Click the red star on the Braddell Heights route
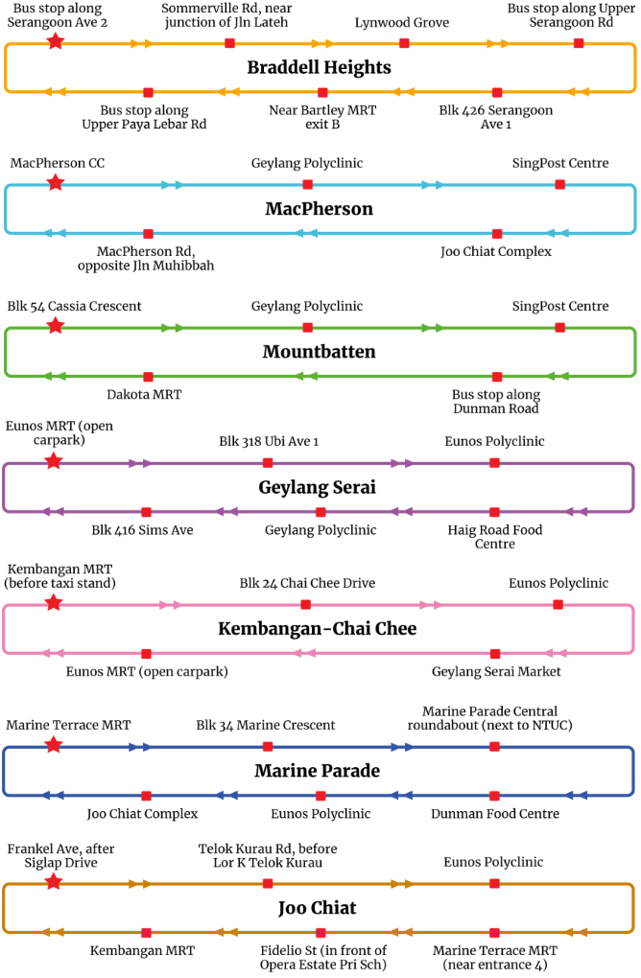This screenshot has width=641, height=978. [x=55, y=42]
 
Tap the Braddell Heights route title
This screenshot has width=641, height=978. [x=319, y=67]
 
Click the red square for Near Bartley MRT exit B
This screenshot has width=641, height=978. [x=322, y=93]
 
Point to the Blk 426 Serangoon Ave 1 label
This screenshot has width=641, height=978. [x=495, y=117]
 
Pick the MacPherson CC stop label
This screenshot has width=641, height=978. [x=58, y=164]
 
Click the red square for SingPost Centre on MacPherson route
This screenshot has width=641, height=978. [x=560, y=184]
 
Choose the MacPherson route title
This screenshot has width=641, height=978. [x=319, y=209]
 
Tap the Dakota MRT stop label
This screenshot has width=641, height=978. [x=144, y=394]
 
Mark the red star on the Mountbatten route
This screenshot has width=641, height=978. [x=55, y=327]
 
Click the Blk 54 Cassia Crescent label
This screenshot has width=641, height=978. [x=74, y=306]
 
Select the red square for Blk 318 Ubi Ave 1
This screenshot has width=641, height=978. [x=268, y=463]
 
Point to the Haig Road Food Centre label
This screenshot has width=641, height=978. [x=494, y=537]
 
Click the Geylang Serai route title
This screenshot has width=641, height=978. [x=317, y=488]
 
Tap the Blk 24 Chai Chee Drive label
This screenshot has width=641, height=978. [x=307, y=583]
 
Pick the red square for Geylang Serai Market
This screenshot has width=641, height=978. [x=496, y=653]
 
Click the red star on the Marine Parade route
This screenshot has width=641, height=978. [x=54, y=745]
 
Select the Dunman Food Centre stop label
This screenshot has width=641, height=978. [x=494, y=814]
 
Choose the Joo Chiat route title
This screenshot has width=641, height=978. [x=318, y=907]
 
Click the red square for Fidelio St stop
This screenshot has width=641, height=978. [x=320, y=932]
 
